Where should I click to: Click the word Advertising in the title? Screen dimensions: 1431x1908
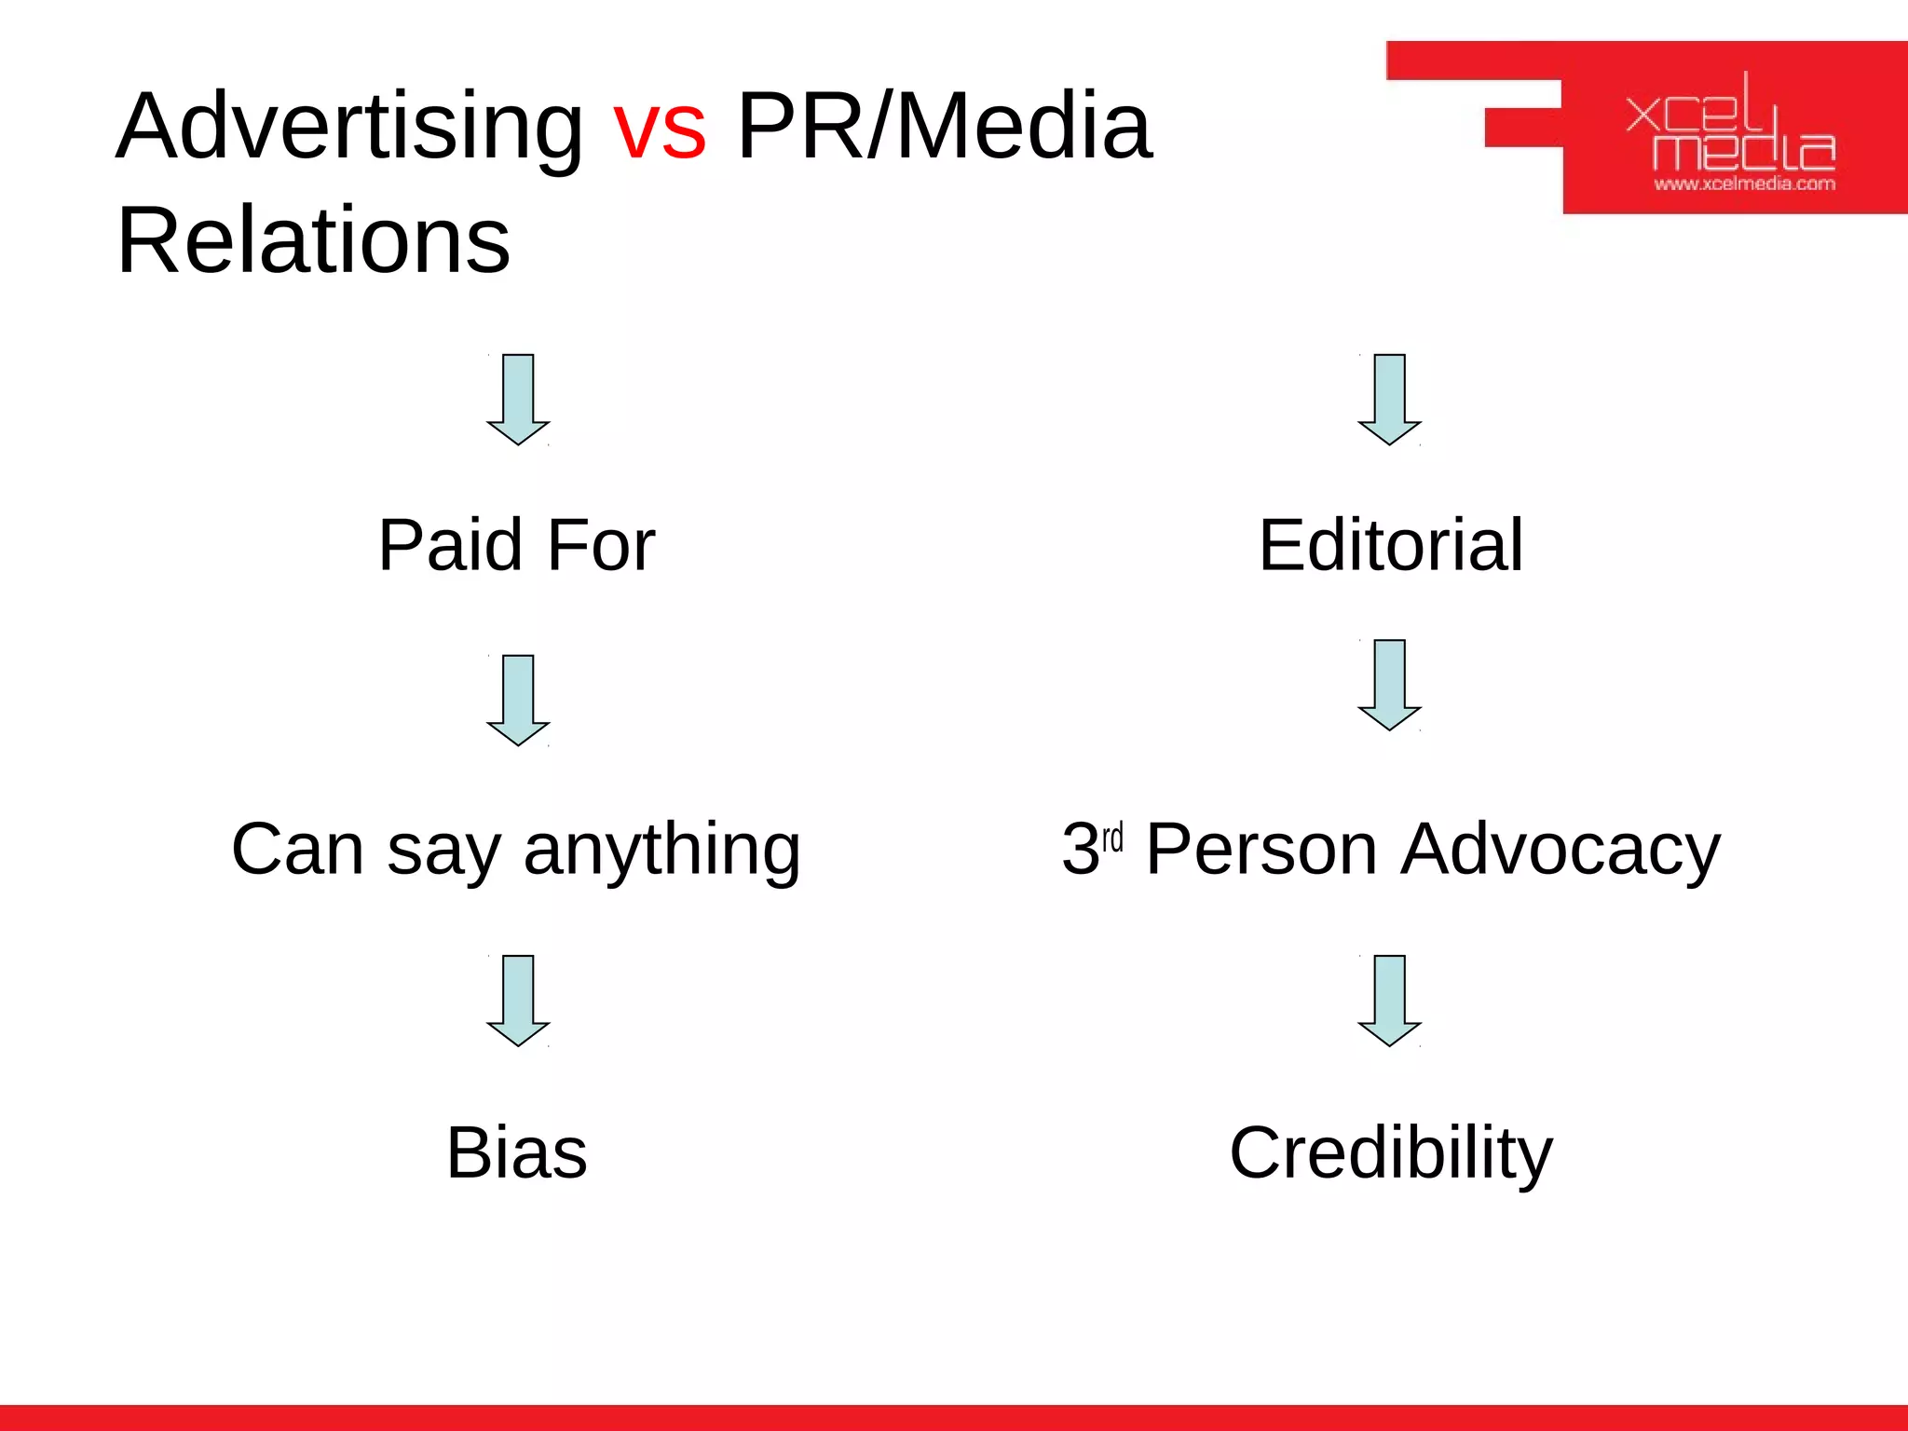pos(349,129)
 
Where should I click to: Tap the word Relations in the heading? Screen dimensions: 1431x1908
pos(313,241)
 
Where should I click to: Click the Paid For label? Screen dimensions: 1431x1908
pos(516,545)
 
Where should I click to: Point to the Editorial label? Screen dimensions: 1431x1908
pos(1391,545)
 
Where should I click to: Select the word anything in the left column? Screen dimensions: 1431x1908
pos(661,851)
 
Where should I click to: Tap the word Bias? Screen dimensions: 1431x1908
pos(516,1153)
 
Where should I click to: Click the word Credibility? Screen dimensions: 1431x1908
pos(1391,1153)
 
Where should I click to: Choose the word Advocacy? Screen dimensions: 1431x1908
pos(1560,851)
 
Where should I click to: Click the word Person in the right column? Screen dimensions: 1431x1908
pos(1261,849)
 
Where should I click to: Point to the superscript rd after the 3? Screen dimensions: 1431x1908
pos(1112,838)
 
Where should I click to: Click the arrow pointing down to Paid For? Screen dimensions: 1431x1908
pos(518,399)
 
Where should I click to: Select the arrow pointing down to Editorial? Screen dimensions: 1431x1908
pos(1390,399)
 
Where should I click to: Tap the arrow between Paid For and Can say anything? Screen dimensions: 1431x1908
pos(518,700)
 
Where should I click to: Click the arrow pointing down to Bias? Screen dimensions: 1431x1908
pos(518,1000)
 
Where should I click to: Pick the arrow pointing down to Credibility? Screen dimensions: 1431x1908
pos(1390,1000)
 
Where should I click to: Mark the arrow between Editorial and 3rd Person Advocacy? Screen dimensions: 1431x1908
pos(1390,685)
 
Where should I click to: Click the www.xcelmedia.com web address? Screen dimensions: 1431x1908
pos(1744,184)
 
